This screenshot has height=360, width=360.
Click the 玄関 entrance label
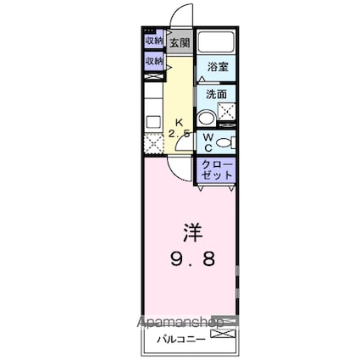[x=178, y=42]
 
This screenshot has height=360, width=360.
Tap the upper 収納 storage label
[x=153, y=41]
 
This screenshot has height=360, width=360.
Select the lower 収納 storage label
[x=153, y=61]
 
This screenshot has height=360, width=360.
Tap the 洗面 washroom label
[x=216, y=95]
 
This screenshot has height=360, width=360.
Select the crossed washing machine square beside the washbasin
[x=227, y=110]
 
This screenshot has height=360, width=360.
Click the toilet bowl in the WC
[x=224, y=141]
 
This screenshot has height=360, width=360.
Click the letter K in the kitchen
[x=179, y=120]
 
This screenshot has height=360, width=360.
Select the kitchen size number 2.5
[x=179, y=134]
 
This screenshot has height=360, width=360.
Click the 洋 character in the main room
[x=191, y=230]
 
